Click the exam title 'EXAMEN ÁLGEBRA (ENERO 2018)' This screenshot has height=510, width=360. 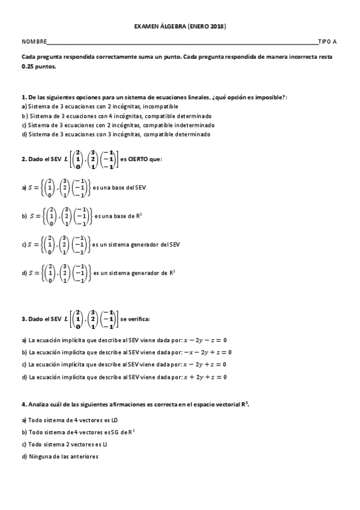click(180, 26)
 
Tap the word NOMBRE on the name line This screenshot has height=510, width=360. click(34, 41)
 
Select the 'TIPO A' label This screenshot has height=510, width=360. click(327, 41)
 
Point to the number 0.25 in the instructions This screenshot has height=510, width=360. click(28, 67)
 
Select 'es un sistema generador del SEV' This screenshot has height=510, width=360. click(137, 244)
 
